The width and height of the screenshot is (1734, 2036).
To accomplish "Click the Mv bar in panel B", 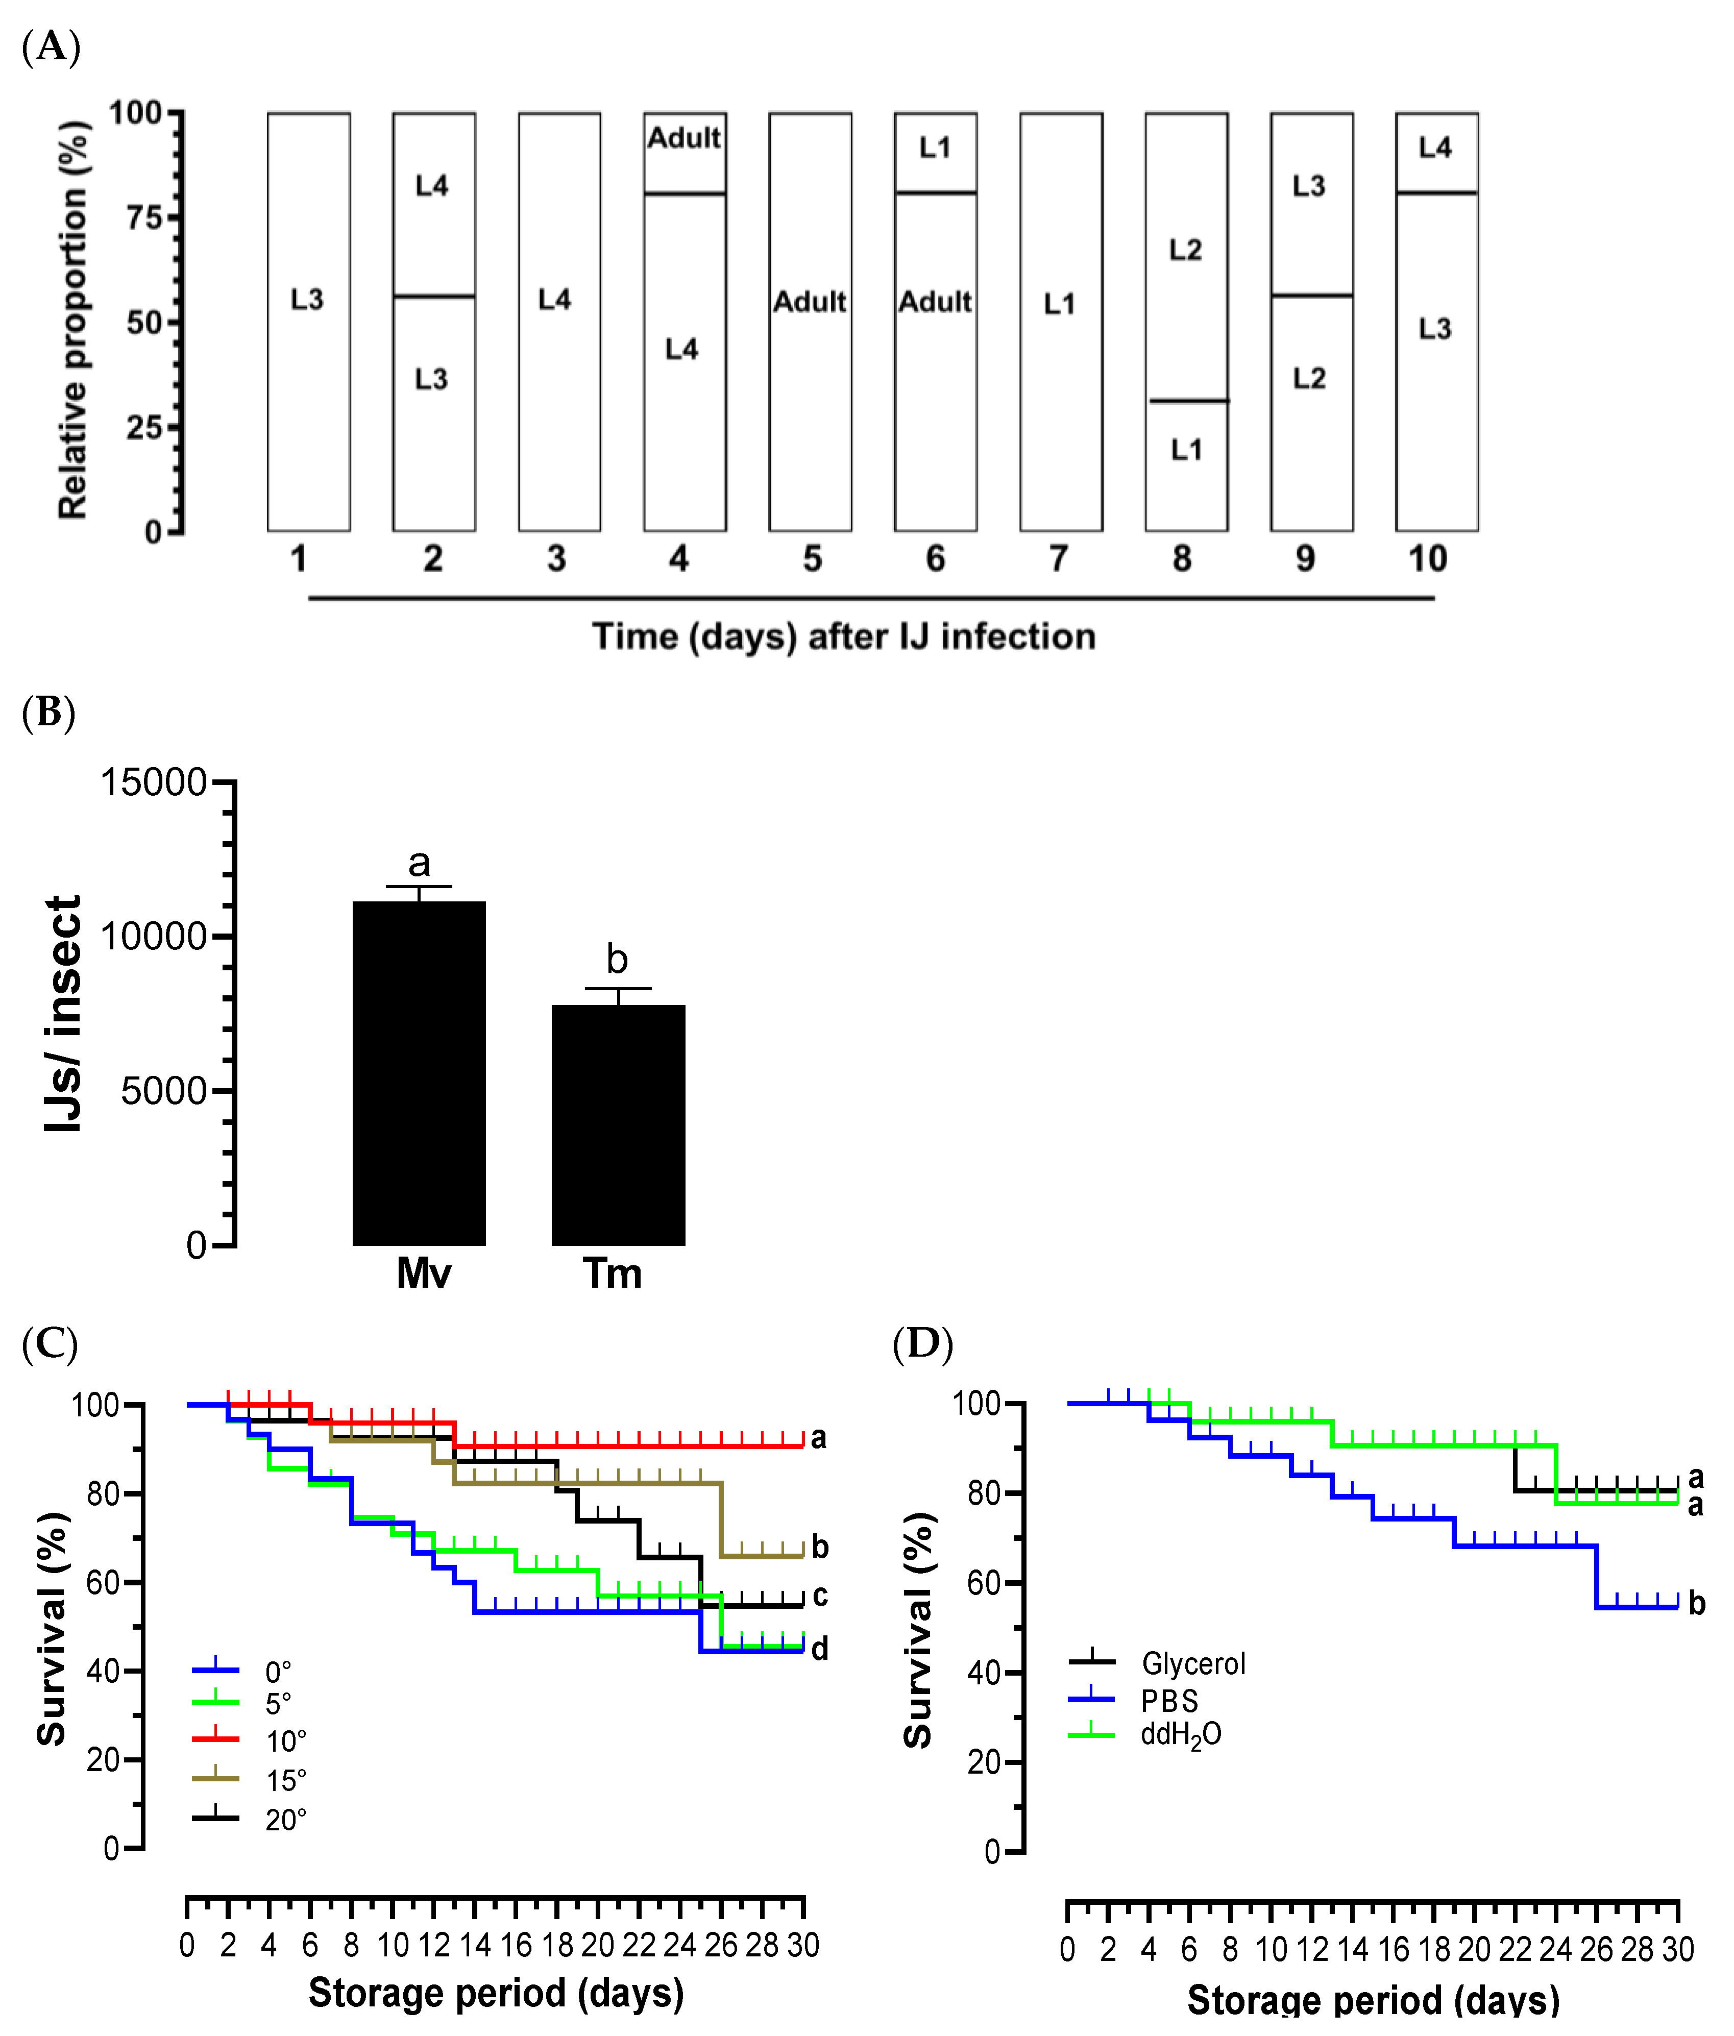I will pos(419,1073).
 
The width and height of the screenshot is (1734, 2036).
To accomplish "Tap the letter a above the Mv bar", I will pos(419,863).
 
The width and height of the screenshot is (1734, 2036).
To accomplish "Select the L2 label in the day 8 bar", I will pos(1185,250).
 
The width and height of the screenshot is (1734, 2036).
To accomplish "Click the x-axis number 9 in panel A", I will pos(1304,559).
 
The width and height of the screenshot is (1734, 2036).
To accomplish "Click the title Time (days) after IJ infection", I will pos(843,637).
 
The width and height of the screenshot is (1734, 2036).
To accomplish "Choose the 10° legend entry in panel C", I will pos(285,1742).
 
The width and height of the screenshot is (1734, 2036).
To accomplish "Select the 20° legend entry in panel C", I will pos(285,1821).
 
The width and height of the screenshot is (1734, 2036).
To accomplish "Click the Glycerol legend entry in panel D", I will pos(1192,1663).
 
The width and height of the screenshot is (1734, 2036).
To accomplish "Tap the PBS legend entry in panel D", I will pos(1169,1701).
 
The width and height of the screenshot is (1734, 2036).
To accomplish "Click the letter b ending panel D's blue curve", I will pos(1697,1604).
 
